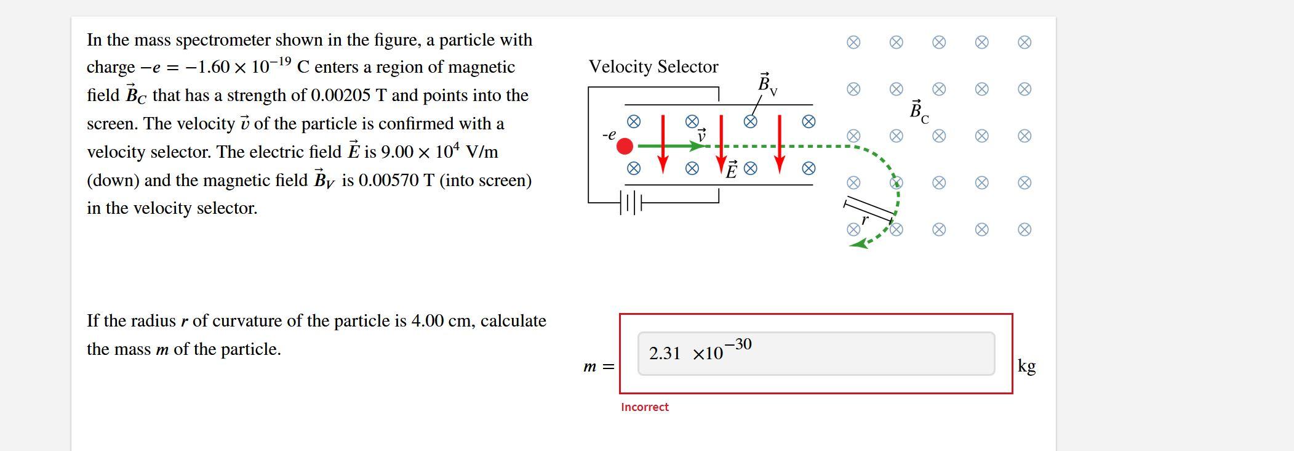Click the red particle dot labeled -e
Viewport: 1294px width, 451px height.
click(625, 146)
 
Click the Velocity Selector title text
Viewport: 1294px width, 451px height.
click(653, 67)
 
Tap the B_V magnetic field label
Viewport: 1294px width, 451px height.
click(767, 84)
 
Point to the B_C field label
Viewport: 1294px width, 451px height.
click(919, 112)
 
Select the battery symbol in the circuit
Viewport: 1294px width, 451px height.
click(631, 202)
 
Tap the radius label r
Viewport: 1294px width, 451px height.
click(865, 219)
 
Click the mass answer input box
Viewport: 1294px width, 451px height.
click(815, 354)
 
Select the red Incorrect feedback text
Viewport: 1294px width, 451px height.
click(644, 407)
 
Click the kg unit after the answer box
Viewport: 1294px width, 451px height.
click(1026, 366)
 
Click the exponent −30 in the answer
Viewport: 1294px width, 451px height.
click(738, 344)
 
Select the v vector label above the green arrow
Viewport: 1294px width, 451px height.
click(701, 135)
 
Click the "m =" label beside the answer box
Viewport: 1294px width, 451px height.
click(598, 367)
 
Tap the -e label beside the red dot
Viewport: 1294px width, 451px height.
click(609, 134)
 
